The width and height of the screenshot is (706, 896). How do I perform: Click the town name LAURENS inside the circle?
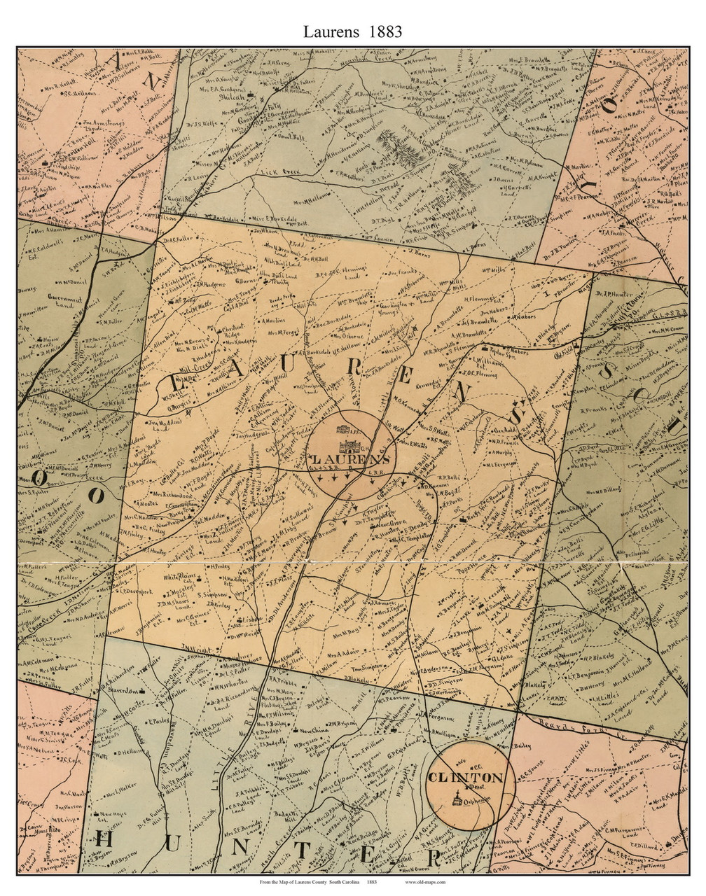[347, 459]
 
